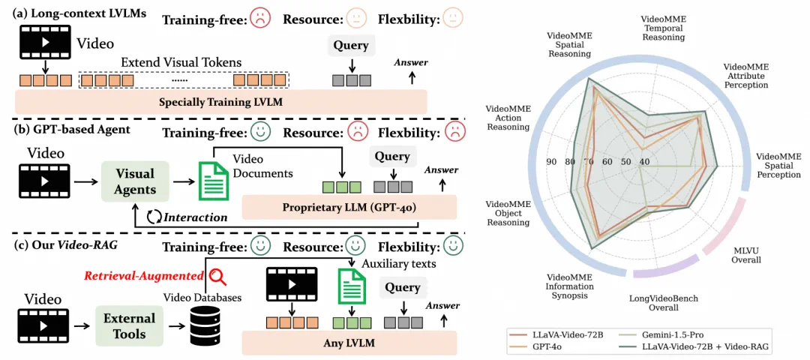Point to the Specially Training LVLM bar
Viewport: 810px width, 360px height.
pyautogui.click(x=220, y=102)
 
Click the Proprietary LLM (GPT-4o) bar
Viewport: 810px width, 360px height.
pyautogui.click(x=349, y=206)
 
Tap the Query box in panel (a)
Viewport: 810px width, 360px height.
pyautogui.click(x=352, y=46)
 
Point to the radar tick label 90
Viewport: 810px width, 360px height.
pyautogui.click(x=552, y=162)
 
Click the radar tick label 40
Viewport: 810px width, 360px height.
pyautogui.click(x=644, y=162)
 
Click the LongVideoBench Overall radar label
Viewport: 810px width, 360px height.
pyautogui.click(x=663, y=303)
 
